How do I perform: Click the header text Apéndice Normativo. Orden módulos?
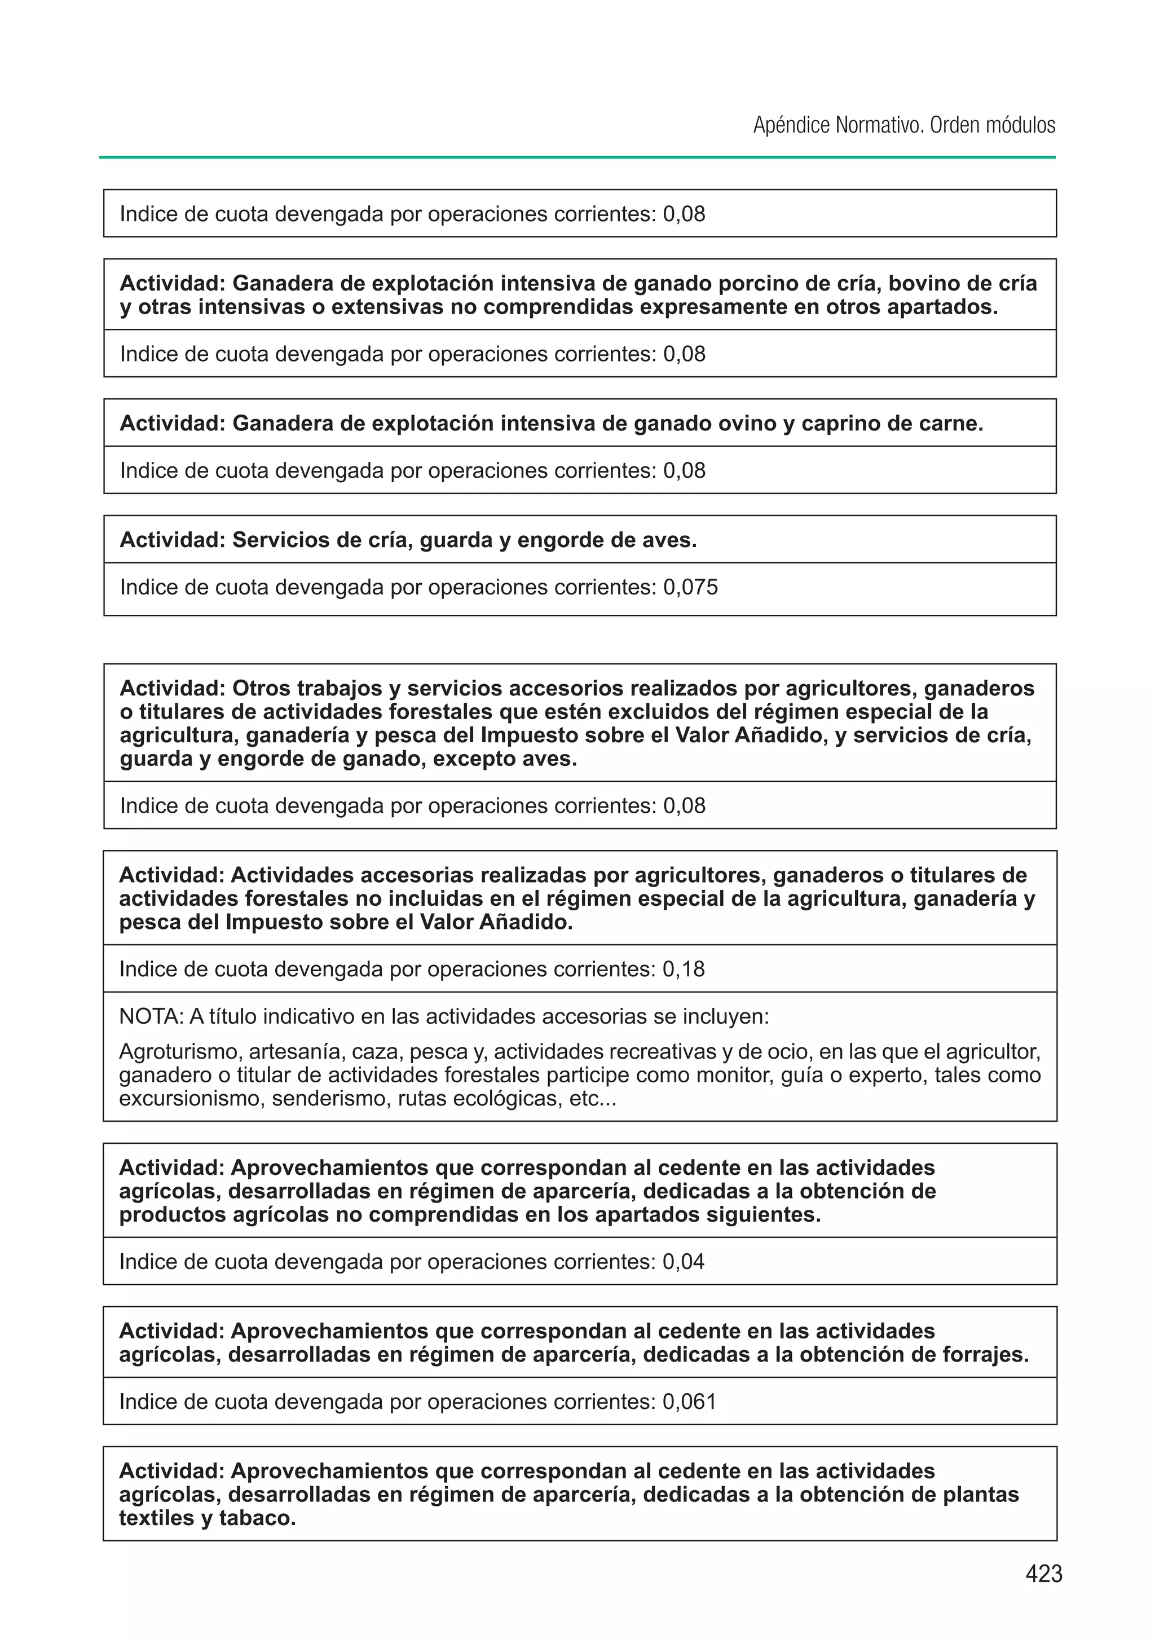point(903,126)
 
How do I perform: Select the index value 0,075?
point(690,588)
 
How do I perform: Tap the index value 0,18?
point(683,970)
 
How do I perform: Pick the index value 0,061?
point(689,1402)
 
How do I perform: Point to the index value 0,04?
point(683,1262)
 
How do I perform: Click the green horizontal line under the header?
point(577,157)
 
